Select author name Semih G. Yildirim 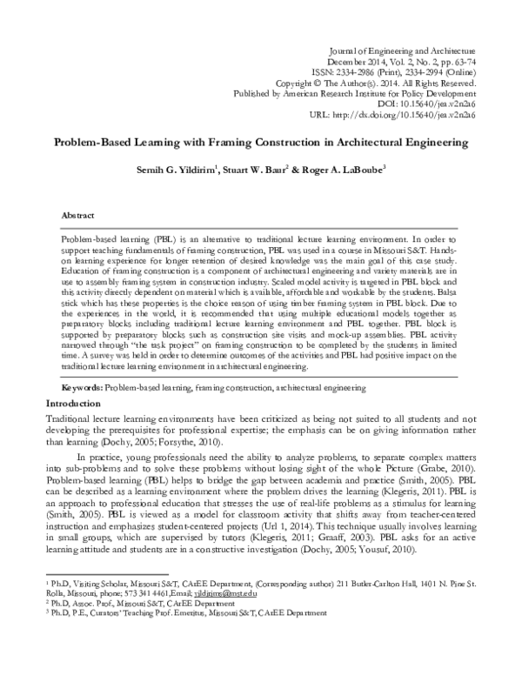pos(172,170)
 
